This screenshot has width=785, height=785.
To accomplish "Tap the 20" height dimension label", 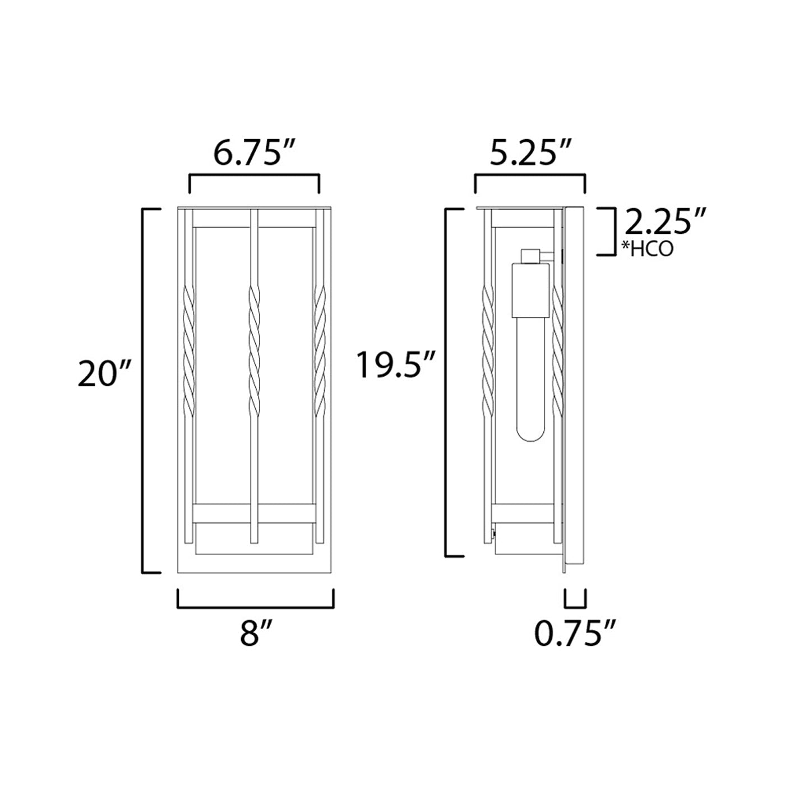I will (x=104, y=373).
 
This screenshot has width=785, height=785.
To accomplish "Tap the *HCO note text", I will (x=648, y=248).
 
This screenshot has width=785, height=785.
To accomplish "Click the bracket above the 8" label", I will (x=256, y=606).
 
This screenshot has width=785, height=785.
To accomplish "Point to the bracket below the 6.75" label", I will (x=255, y=177).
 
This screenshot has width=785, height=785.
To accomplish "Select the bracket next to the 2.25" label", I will (x=608, y=231).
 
